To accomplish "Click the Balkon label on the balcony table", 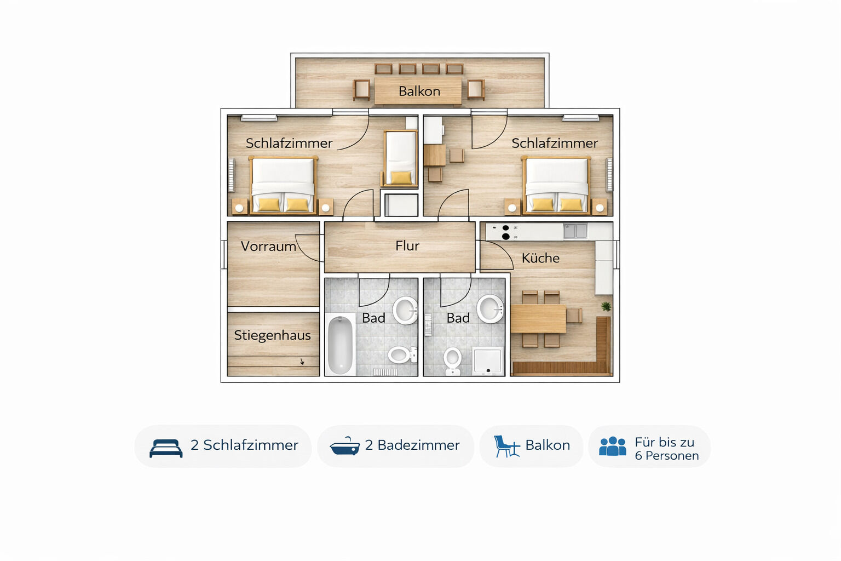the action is tap(419, 91).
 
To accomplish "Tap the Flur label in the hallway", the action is tap(407, 246).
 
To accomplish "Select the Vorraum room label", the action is tap(268, 247).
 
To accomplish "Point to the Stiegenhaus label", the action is tap(272, 335).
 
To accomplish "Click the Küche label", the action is tap(540, 258).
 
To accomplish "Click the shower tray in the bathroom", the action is tap(488, 362).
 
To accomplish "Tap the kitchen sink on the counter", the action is tap(575, 231).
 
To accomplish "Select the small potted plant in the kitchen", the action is tap(606, 307).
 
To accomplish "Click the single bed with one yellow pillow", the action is tap(400, 158).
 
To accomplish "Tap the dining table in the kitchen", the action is tap(538, 319).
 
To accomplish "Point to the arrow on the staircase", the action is tap(302, 362).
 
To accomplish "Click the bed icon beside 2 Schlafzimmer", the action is tap(166, 448).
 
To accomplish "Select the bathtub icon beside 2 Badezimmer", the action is tap(344, 446).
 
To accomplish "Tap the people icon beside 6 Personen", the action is tap(612, 446).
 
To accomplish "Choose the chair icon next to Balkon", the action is tap(507, 446).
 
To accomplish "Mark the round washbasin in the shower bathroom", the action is tap(491, 309).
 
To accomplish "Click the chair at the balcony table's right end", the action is tap(476, 90).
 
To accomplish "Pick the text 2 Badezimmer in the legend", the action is tap(412, 445).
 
